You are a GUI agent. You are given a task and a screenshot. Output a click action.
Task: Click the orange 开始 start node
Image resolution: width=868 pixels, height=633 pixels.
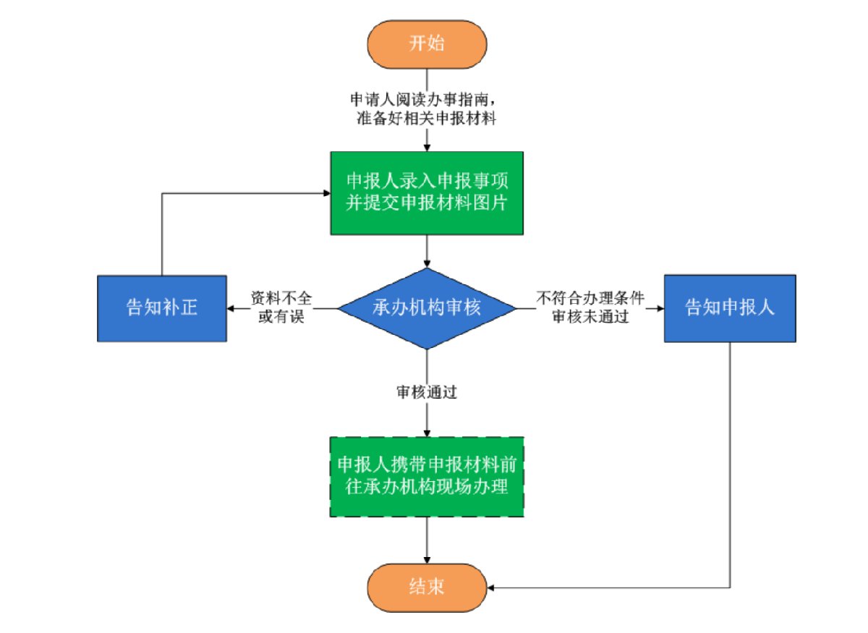(x=426, y=43)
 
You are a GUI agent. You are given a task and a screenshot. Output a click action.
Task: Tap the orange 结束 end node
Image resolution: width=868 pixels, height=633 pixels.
(x=426, y=587)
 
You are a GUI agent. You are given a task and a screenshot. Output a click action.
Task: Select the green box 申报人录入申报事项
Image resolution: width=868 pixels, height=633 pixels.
(x=427, y=192)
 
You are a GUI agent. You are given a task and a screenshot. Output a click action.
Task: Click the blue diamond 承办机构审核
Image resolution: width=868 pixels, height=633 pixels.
(x=427, y=308)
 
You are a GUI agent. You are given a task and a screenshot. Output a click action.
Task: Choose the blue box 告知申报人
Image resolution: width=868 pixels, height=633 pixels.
(x=730, y=307)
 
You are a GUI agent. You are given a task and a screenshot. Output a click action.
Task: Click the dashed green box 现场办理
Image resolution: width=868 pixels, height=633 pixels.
(x=427, y=477)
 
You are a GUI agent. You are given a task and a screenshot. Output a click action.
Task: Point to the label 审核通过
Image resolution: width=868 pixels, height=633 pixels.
(x=426, y=392)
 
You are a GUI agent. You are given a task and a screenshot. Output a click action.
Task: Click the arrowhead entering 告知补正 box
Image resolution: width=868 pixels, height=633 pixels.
(x=231, y=308)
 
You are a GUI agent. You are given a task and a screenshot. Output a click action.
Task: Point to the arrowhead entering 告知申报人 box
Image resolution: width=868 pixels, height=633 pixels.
(x=660, y=308)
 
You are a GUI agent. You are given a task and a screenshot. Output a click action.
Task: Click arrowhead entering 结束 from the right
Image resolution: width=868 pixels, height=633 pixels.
(x=489, y=587)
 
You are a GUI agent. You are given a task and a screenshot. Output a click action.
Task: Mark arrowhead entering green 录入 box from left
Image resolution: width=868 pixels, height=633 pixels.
(x=326, y=193)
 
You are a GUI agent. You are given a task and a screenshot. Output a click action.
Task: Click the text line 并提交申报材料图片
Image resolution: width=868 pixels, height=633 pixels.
(x=427, y=203)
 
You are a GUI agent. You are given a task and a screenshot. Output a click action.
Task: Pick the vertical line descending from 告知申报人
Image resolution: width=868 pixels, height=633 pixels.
(x=730, y=463)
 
